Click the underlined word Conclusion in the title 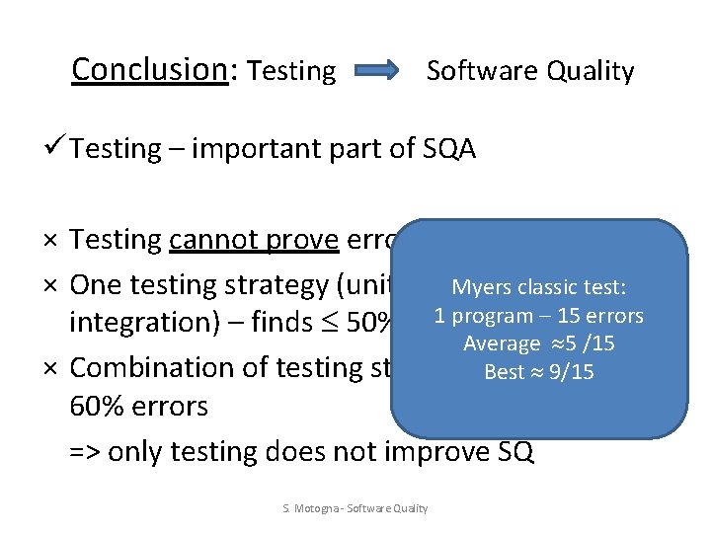(x=149, y=69)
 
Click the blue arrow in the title (x=376, y=70)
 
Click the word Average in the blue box (x=502, y=343)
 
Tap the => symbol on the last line (x=84, y=451)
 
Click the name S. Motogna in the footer (x=306, y=508)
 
